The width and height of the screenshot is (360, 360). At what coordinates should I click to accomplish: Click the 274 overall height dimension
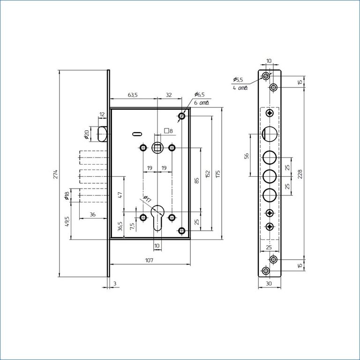(56, 174)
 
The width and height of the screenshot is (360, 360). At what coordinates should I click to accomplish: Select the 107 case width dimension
(149, 260)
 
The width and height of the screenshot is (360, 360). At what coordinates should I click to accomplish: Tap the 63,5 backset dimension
(133, 95)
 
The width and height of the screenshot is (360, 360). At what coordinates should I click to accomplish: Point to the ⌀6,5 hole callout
(199, 94)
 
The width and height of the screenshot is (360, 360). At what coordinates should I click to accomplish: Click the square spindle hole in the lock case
(157, 148)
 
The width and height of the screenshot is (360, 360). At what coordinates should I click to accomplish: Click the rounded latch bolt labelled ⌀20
(103, 134)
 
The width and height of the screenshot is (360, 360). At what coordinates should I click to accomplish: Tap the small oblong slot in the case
(137, 134)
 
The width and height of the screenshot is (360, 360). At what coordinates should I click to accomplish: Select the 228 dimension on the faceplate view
(300, 174)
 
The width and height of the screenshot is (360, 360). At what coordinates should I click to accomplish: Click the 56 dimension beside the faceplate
(247, 156)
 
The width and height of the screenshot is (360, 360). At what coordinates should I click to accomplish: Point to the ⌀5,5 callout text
(238, 80)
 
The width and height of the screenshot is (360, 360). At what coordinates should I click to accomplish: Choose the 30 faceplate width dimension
(269, 284)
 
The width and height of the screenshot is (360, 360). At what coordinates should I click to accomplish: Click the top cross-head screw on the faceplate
(270, 113)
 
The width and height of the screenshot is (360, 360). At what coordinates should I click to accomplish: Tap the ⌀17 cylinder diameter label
(147, 199)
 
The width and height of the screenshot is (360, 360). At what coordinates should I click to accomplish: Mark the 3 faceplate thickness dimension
(115, 284)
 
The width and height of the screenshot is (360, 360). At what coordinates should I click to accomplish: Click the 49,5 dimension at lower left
(67, 222)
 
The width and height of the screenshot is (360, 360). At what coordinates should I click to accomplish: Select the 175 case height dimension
(218, 174)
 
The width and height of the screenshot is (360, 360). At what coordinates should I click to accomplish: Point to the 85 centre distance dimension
(196, 180)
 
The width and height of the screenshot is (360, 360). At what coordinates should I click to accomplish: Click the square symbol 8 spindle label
(168, 131)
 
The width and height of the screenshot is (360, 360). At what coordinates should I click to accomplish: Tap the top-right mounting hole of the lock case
(182, 116)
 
